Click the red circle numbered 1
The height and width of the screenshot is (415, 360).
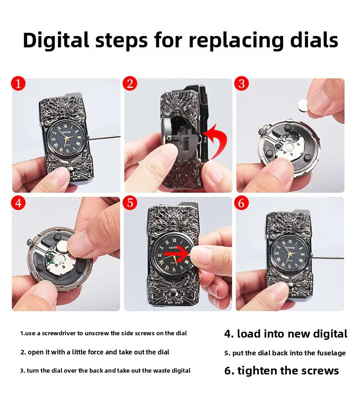point(19,84)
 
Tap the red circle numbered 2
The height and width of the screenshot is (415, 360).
point(130,84)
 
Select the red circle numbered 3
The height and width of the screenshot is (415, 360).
point(242,84)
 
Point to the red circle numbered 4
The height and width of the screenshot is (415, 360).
point(19,203)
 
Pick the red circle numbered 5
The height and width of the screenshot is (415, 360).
point(130,203)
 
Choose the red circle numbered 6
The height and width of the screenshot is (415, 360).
point(242,203)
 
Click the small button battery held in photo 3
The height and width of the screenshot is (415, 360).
point(303,106)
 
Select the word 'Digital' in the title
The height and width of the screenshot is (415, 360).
point(56,41)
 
